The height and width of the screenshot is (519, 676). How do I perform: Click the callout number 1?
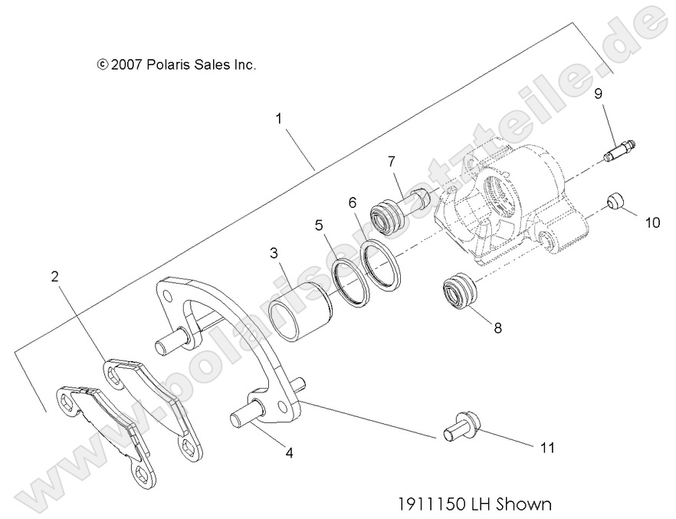click(x=279, y=119)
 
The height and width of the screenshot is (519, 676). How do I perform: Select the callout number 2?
click(x=54, y=278)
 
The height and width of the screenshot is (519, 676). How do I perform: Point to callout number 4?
click(x=288, y=452)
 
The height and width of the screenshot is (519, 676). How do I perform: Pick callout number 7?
click(x=391, y=162)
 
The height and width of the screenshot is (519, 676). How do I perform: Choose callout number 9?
click(x=597, y=94)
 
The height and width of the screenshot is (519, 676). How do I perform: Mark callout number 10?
click(x=651, y=223)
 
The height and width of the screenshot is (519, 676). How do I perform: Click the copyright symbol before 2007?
click(x=103, y=65)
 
